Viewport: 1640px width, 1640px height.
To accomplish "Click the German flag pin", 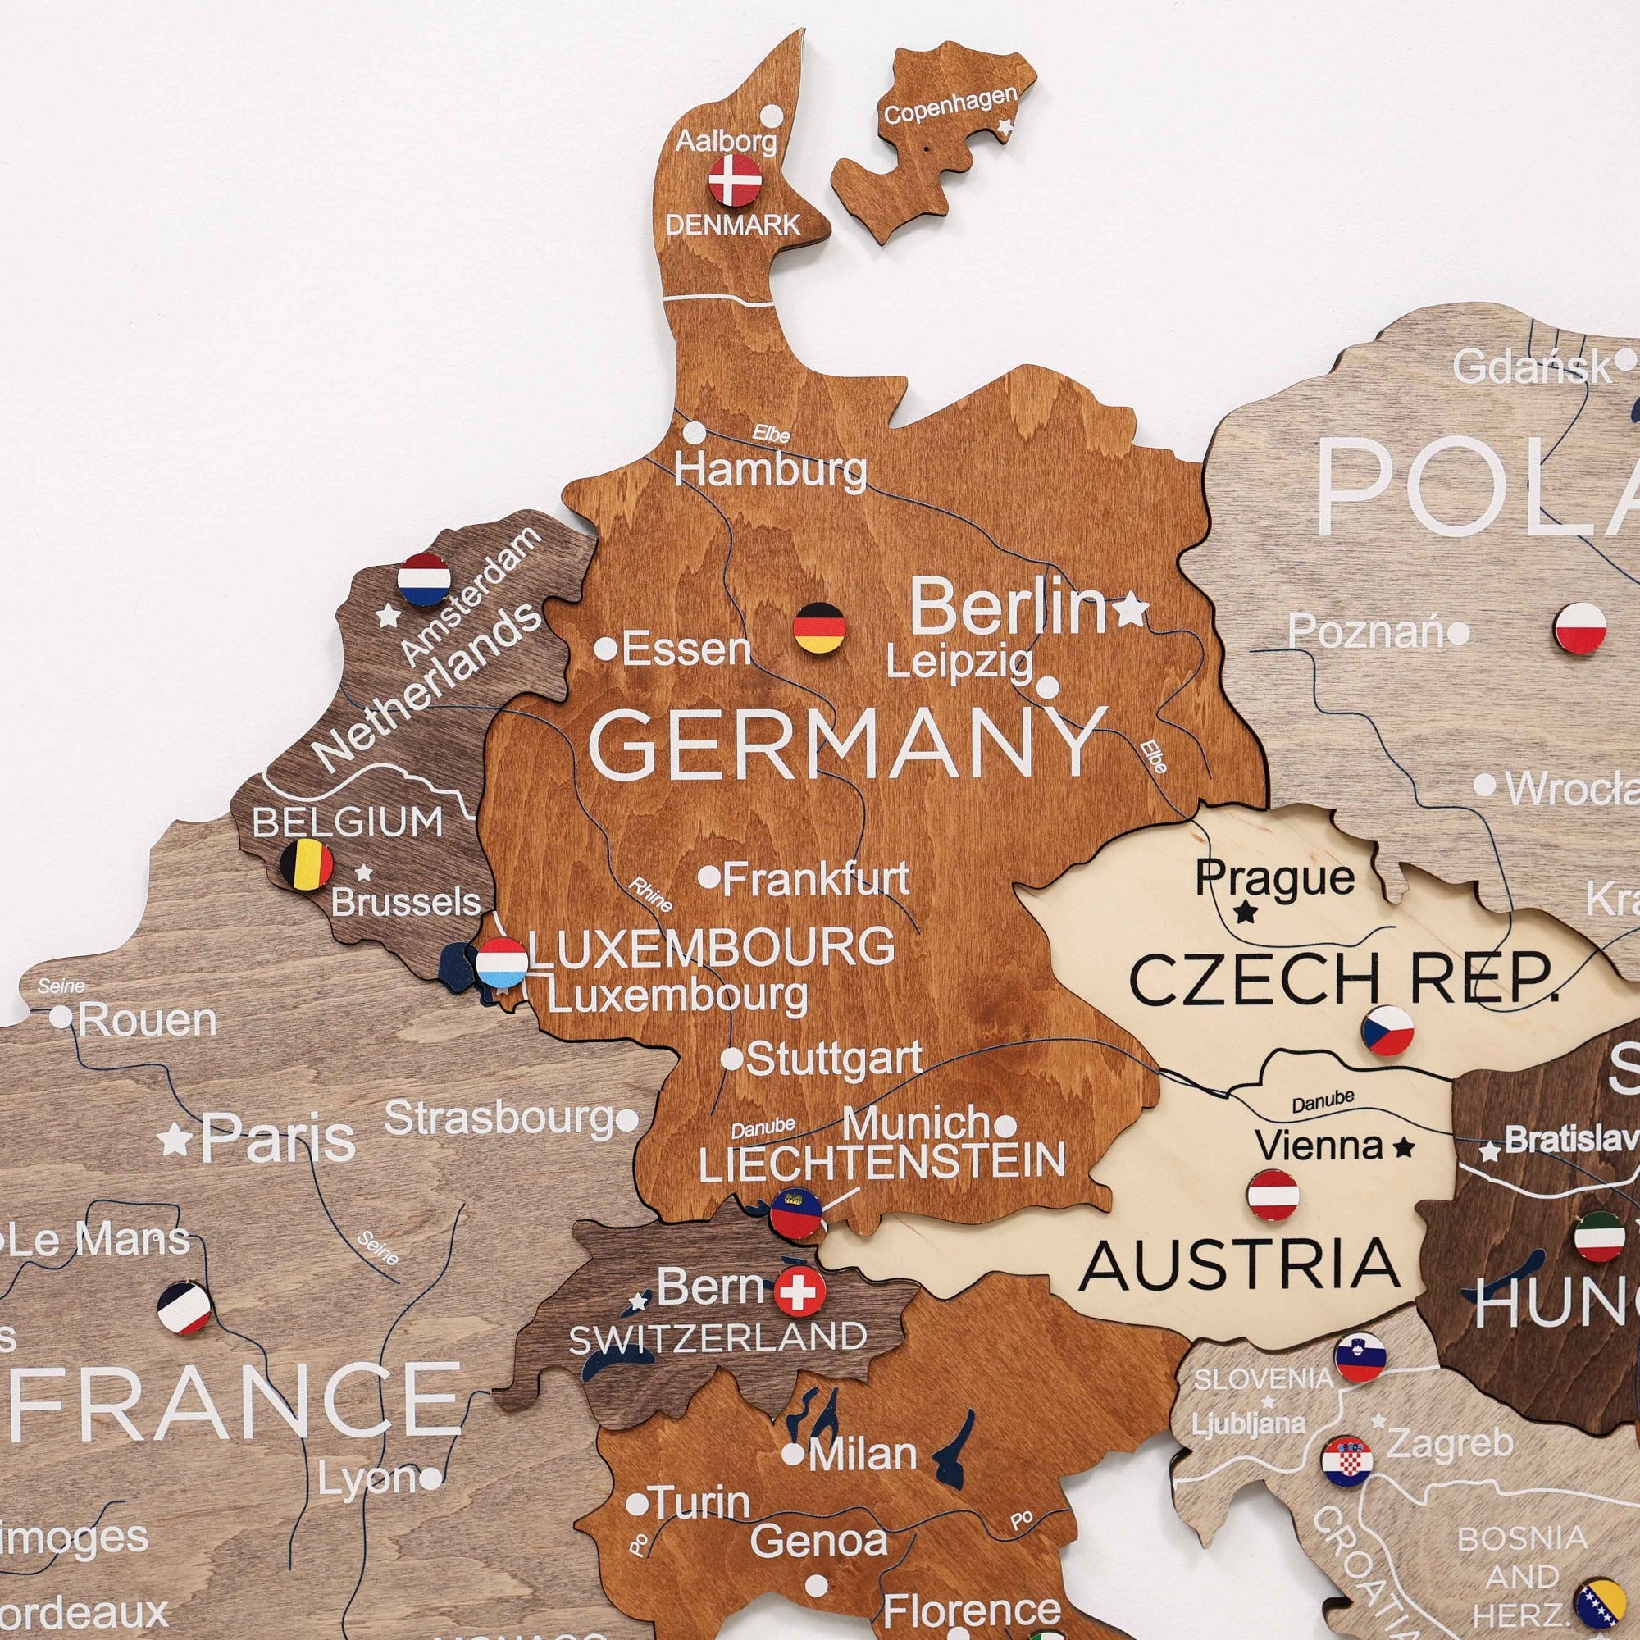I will click(x=820, y=628).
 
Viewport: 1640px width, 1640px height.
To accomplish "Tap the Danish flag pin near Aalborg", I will click(x=735, y=180).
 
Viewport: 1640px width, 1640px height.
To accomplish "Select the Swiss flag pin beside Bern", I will click(x=799, y=1292).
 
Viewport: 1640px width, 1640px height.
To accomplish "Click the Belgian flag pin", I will click(x=307, y=864).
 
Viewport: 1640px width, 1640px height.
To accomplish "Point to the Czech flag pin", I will click(x=1387, y=1031).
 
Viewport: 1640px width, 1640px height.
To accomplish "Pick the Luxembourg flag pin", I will click(x=502, y=963).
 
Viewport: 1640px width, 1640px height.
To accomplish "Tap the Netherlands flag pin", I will click(x=424, y=579).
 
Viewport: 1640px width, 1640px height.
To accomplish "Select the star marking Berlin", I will click(x=1130, y=609).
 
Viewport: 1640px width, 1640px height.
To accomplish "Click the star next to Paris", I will click(x=175, y=1139).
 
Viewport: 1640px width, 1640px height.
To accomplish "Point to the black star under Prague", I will click(x=1246, y=913).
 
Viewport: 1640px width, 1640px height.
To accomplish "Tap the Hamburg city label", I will click(x=771, y=469).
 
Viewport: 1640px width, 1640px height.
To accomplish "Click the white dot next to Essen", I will click(x=605, y=649).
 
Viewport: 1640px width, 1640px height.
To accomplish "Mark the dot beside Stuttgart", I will click(x=731, y=1059).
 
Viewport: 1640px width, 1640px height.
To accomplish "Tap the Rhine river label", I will click(x=649, y=894).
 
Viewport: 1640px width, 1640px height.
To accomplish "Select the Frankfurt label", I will click(x=816, y=877).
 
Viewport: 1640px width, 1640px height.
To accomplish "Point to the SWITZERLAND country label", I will click(x=717, y=1339).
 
